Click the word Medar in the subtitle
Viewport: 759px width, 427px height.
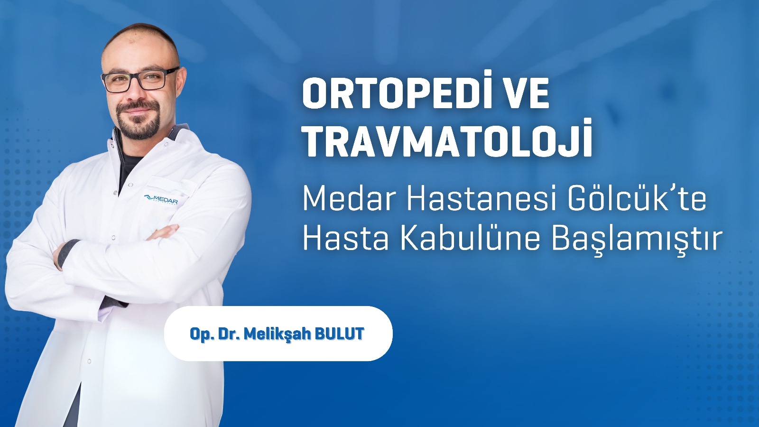click(x=350, y=200)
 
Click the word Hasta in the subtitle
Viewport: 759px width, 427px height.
click(x=346, y=239)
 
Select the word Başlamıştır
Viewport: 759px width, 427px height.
click(x=635, y=240)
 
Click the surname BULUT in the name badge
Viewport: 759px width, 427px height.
click(x=340, y=334)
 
